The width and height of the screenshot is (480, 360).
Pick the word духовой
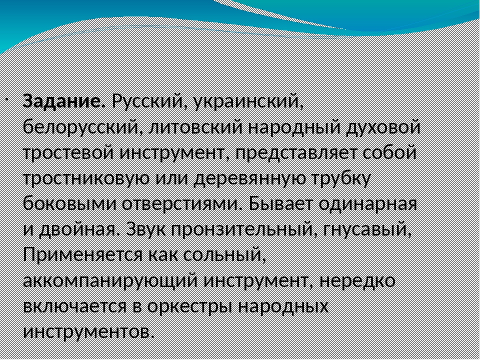click(x=383, y=127)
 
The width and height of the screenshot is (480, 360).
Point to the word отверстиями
click(x=180, y=204)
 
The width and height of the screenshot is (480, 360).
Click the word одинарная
click(x=367, y=204)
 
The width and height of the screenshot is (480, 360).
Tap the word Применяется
click(x=82, y=255)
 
